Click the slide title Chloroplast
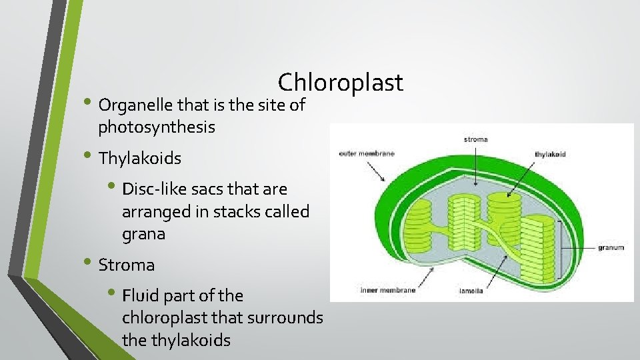click(340, 83)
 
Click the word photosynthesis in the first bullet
click(157, 127)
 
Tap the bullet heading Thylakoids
click(140, 159)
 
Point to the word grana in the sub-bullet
click(143, 234)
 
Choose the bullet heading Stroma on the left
click(127, 265)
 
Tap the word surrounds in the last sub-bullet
click(285, 318)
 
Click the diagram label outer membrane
click(367, 154)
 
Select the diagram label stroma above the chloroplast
click(475, 139)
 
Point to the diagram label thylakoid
click(550, 155)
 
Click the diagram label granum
click(611, 247)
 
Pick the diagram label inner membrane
click(387, 290)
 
